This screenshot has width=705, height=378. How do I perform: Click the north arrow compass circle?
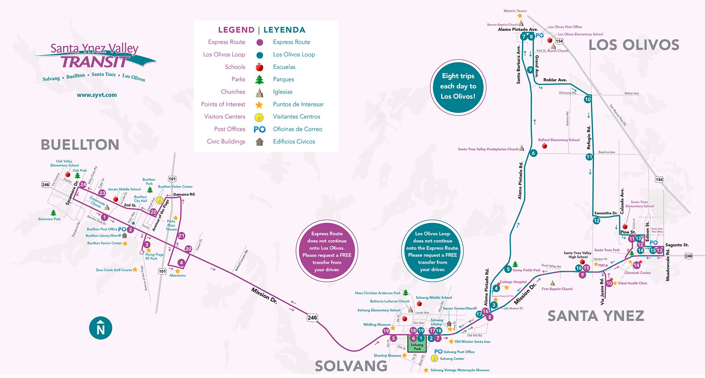coord(100,328)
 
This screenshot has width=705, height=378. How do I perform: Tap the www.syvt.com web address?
coord(97,95)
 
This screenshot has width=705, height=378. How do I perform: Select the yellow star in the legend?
coord(259,104)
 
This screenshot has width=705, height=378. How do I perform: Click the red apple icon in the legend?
coord(259,67)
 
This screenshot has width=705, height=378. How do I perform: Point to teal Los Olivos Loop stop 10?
coord(587,99)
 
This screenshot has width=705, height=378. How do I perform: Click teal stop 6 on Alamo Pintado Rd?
coord(533,153)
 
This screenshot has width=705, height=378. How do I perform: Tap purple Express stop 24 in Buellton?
coord(83,184)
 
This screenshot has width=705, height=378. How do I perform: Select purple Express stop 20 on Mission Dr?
coord(188,249)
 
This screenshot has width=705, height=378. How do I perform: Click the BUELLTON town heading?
coord(80,145)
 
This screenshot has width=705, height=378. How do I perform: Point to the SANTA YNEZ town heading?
coord(596,316)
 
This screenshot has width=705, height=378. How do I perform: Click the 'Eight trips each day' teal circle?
coord(458,86)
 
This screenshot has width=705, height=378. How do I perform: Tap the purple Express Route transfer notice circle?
coord(327,251)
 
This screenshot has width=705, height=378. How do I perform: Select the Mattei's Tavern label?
coord(515,11)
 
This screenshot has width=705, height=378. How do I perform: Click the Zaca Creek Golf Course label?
coord(114,270)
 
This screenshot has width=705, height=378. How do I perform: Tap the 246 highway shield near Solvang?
coord(312,318)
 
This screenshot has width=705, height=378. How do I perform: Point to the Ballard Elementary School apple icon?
coord(545,146)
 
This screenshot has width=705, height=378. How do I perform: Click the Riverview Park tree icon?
coord(53,213)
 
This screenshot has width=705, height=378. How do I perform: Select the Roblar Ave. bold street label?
coord(555,80)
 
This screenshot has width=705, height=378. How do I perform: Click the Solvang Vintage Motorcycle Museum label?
coord(460,370)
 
